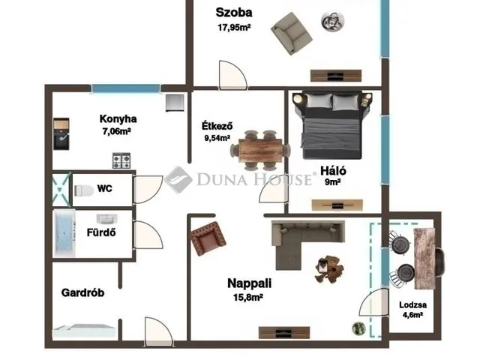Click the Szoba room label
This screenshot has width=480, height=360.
click(233, 12)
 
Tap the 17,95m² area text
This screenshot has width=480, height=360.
click(233, 28)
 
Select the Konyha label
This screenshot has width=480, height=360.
click(118, 118)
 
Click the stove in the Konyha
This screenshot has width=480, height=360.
click(121, 160)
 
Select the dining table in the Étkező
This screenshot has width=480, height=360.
click(259, 147)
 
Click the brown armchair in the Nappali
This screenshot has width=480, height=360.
click(208, 239)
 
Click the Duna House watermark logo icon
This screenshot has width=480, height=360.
click(178, 179)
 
